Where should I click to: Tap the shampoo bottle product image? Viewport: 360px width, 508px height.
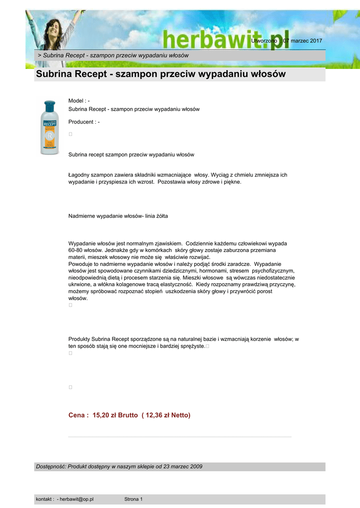tap(50, 127)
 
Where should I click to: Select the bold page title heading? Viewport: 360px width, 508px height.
tap(161, 74)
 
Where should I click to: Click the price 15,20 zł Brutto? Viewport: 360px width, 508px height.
tap(115, 415)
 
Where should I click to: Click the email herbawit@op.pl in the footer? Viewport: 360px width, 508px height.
tap(76, 499)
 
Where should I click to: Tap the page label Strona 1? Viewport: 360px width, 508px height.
tap(133, 499)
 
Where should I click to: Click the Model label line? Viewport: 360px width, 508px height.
tap(79, 101)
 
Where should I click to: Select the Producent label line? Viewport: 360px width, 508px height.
tap(84, 122)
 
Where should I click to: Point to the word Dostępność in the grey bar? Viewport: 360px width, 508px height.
tap(50, 466)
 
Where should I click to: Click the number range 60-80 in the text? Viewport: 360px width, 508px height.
tap(76, 251)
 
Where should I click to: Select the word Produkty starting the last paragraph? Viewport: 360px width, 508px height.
tap(79, 339)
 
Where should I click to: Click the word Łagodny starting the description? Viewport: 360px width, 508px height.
tap(79, 175)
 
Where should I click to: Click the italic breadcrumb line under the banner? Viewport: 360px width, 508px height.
tap(113, 55)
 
